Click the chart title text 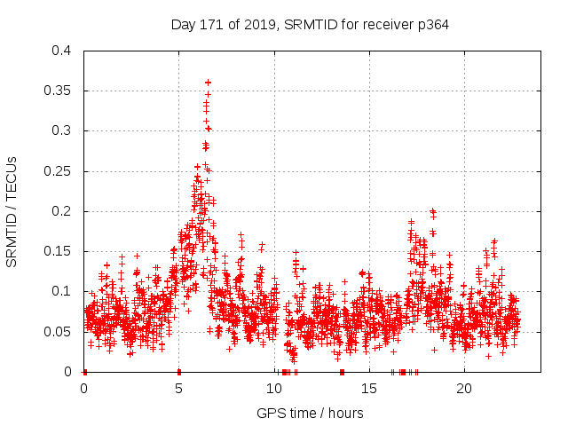(310, 25)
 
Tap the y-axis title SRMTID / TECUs (12, 211)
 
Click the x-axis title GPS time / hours (310, 413)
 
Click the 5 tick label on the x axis (178, 389)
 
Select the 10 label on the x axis (273, 389)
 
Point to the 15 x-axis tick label (368, 389)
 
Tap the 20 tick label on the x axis (463, 389)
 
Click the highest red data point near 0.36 (208, 83)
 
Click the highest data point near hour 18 (432, 211)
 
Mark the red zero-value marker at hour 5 (178, 371)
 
